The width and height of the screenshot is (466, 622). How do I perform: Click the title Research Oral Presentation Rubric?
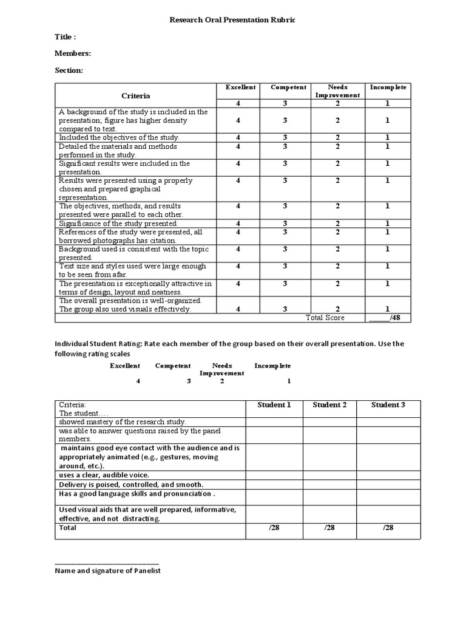[x=232, y=20]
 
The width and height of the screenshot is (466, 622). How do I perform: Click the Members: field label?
[x=73, y=53]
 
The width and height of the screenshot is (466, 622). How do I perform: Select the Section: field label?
[x=69, y=70]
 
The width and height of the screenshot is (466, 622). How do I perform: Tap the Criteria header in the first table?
[x=135, y=95]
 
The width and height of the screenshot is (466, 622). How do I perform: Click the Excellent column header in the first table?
[x=240, y=87]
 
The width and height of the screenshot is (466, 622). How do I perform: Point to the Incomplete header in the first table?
[x=388, y=87]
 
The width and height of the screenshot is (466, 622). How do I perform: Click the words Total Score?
[x=325, y=318]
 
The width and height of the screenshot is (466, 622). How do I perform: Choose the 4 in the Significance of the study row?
[x=238, y=224]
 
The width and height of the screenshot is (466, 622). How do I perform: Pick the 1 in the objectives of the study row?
[x=387, y=138]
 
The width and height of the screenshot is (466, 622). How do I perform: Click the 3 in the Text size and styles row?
[x=285, y=266]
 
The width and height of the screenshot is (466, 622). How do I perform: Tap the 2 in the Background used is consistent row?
[x=338, y=249]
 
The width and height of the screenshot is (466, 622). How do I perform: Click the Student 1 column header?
[x=274, y=405]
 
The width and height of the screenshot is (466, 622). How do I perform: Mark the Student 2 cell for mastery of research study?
[x=329, y=422]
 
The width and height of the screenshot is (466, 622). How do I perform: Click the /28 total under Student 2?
[x=329, y=528]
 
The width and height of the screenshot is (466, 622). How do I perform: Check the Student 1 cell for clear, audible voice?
[x=274, y=474]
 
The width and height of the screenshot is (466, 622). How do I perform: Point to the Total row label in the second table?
[x=67, y=528]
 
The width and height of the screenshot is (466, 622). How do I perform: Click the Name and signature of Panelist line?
[x=107, y=570]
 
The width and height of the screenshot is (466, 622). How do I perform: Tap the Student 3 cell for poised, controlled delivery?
[x=388, y=485]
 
